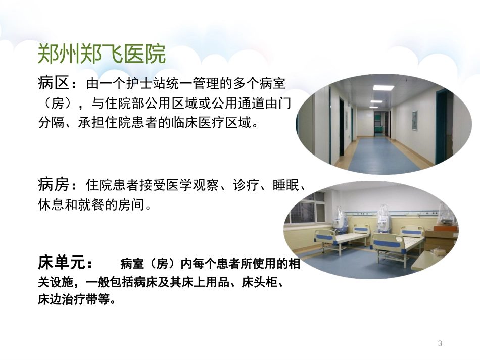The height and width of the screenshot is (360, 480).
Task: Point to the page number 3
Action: coord(440,344)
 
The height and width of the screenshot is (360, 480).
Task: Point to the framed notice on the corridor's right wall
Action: coord(414,120)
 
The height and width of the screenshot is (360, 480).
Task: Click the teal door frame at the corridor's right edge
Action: coord(441,126)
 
